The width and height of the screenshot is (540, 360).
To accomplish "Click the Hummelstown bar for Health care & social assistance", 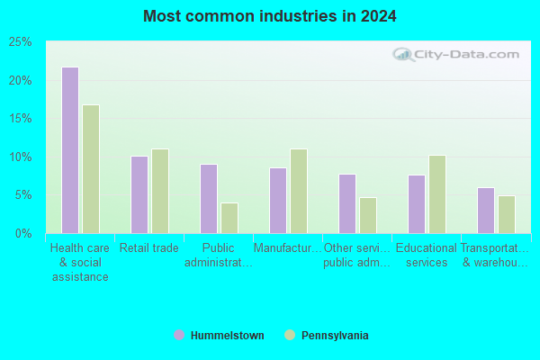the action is (x=70, y=150).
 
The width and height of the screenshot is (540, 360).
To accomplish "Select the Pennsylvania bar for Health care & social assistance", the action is (x=91, y=169).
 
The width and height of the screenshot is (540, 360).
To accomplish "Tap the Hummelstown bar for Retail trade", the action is (x=139, y=194).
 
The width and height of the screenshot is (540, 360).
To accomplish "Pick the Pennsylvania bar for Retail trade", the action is (x=160, y=191).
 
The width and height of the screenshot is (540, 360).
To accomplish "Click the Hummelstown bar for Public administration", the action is (x=209, y=199).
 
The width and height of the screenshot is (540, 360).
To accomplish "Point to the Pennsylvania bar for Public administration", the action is (x=229, y=218).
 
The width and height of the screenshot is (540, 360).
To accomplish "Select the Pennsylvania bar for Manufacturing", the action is (x=299, y=191).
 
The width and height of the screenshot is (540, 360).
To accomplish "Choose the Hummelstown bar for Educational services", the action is (x=417, y=204).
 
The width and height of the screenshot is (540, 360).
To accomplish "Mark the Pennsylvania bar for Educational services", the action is (x=437, y=194).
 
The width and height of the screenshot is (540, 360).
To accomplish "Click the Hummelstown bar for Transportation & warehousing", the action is (x=486, y=211).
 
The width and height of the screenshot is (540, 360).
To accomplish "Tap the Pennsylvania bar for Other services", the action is (x=368, y=215).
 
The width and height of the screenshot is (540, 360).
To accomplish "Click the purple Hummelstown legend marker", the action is (x=179, y=335).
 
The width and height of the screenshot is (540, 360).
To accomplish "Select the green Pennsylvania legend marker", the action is (x=290, y=335).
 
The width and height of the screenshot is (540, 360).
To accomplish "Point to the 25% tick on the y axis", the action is (x=21, y=42).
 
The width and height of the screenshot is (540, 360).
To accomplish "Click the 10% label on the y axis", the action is (x=21, y=157).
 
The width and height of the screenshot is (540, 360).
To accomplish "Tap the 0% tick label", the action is (x=23, y=234).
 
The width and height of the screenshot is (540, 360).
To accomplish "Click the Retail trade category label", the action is (x=149, y=248).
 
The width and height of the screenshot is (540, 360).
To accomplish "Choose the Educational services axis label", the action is (x=427, y=256).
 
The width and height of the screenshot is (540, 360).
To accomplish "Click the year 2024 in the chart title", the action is (x=379, y=16).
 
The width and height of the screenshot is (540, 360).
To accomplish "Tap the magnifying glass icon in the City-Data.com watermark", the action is (x=403, y=54).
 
